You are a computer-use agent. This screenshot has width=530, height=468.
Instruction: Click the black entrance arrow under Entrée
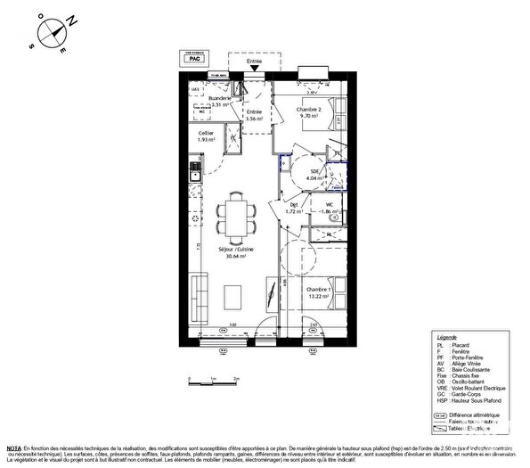[256, 68]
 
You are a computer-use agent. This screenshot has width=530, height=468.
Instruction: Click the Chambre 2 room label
[308, 111]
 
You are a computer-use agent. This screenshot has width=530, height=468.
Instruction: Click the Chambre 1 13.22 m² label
[320, 293]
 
